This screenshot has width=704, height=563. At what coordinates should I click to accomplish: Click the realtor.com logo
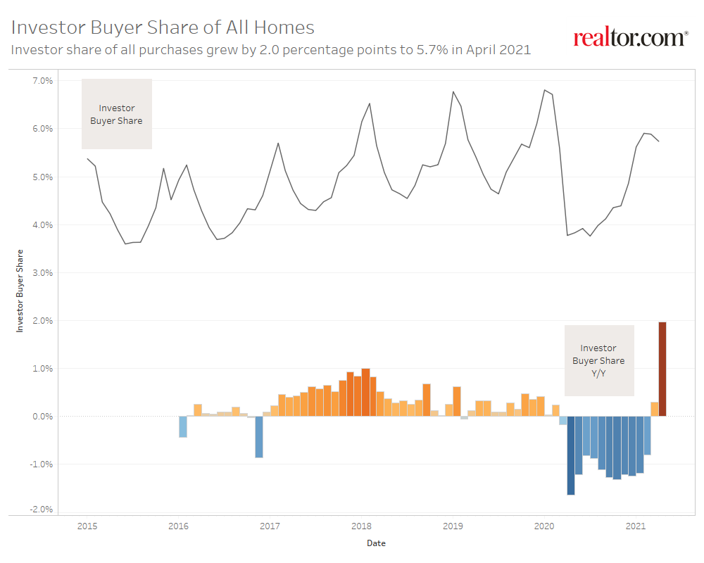pyautogui.click(x=630, y=38)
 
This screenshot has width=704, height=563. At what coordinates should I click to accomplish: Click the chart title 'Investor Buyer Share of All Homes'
pyautogui.click(x=163, y=27)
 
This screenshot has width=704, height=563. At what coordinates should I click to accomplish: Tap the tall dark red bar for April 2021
pyautogui.click(x=662, y=369)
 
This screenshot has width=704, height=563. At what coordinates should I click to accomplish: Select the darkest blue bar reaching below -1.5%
pyautogui.click(x=571, y=455)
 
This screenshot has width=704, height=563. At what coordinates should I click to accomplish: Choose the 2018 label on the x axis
pyautogui.click(x=361, y=526)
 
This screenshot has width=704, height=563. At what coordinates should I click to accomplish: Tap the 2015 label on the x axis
pyautogui.click(x=87, y=526)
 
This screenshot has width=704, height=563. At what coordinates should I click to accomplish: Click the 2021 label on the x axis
pyautogui.click(x=636, y=526)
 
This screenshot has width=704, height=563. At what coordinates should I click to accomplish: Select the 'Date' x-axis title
pyautogui.click(x=376, y=543)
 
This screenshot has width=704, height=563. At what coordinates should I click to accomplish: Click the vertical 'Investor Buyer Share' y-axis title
pyautogui.click(x=20, y=290)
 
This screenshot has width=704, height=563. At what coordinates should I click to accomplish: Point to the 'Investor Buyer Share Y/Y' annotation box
pyautogui.click(x=598, y=360)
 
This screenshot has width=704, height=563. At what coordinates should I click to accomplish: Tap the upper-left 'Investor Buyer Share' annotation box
pyautogui.click(x=117, y=114)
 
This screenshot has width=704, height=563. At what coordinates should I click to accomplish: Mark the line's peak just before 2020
pyautogui.click(x=544, y=90)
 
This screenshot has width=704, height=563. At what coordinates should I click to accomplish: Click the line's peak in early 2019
pyautogui.click(x=453, y=91)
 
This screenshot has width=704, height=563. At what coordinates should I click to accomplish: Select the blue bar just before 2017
pyautogui.click(x=259, y=437)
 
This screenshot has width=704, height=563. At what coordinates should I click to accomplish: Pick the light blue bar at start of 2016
pyautogui.click(x=183, y=426)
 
